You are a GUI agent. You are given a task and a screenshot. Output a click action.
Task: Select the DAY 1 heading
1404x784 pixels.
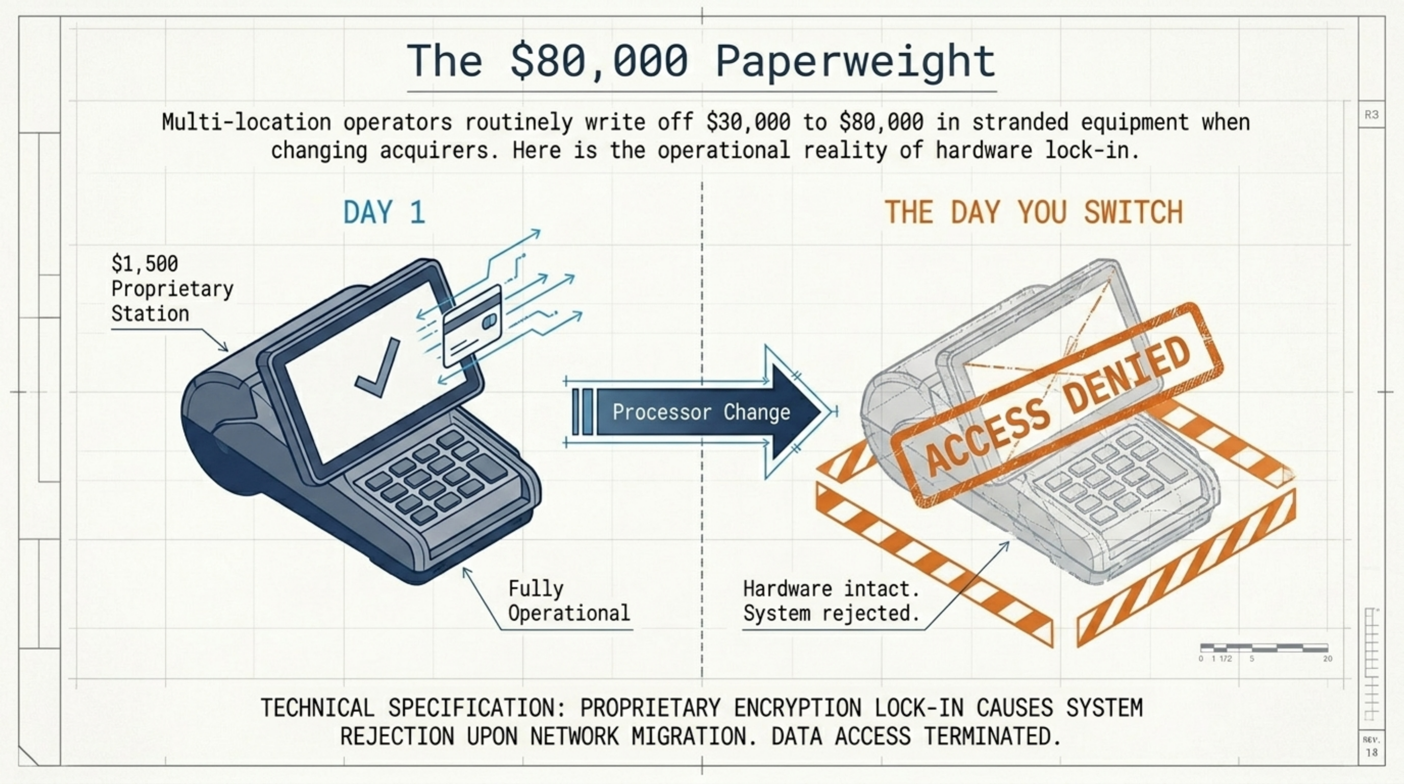[384, 212]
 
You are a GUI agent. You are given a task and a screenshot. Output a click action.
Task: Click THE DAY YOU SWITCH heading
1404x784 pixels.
[1034, 212]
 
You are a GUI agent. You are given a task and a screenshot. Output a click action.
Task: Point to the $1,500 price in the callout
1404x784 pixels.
[144, 264]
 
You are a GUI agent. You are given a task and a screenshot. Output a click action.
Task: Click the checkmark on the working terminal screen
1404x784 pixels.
[377, 366]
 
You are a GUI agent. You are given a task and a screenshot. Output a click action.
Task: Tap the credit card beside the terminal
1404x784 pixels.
[472, 326]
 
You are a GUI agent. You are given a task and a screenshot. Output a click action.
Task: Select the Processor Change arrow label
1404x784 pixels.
[701, 412]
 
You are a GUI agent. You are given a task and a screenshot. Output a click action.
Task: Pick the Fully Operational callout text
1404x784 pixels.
[569, 601]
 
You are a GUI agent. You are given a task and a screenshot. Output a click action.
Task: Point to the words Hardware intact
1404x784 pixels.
[831, 589]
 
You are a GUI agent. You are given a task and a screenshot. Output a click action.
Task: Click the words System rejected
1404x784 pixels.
[831, 614]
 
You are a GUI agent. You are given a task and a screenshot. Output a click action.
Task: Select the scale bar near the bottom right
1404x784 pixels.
[1264, 648]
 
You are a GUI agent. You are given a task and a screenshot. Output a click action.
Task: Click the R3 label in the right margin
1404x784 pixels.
[1371, 114]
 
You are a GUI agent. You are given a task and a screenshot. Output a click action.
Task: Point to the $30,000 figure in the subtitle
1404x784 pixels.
[748, 121]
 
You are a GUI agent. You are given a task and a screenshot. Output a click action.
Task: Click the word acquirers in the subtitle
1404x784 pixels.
[439, 151]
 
